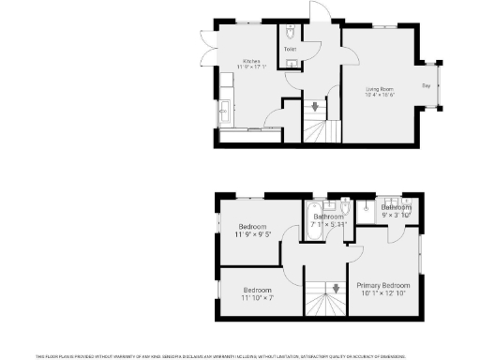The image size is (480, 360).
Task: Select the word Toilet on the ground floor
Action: pyautogui.click(x=290, y=49)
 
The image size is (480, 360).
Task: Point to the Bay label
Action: pyautogui.click(x=427, y=86)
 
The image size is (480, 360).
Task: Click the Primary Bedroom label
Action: pyautogui.click(x=382, y=285)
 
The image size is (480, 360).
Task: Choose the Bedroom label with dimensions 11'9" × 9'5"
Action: pyautogui.click(x=252, y=227)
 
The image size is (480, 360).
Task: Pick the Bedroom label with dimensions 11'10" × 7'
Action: pyautogui.click(x=257, y=290)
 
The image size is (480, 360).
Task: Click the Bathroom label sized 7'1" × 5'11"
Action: pyautogui.click(x=328, y=217)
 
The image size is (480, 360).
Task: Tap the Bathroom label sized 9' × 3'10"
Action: pyautogui.click(x=396, y=207)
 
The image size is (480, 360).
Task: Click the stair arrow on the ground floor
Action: pyautogui.click(x=314, y=107)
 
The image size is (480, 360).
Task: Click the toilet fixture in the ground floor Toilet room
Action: pyautogui.click(x=291, y=31)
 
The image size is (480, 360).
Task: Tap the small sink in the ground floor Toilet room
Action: pyautogui.click(x=291, y=64)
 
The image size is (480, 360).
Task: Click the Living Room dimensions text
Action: pyautogui.click(x=379, y=94)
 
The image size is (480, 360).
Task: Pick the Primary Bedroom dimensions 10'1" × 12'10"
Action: pyautogui.click(x=382, y=292)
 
